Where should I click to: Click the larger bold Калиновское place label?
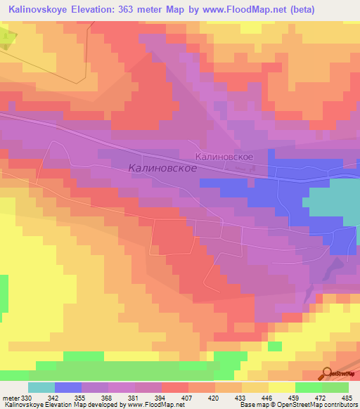click(x=162, y=169)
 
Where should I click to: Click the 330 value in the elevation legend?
click(x=27, y=398)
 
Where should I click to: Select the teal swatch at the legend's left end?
click(x=41, y=387)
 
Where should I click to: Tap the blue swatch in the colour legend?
click(x=67, y=387)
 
